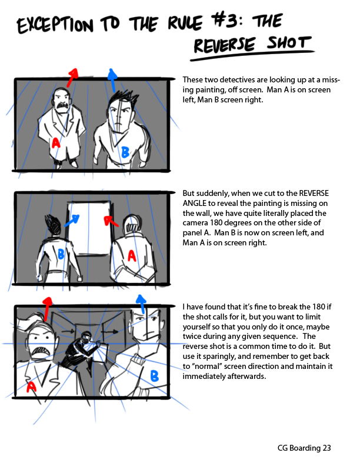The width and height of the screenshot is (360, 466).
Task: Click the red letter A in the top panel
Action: [56, 143]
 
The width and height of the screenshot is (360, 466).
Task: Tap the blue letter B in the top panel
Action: [125, 152]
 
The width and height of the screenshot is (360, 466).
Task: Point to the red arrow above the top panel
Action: [72, 78]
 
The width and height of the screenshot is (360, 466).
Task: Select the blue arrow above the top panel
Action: [112, 80]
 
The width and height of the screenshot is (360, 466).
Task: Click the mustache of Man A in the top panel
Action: [62, 106]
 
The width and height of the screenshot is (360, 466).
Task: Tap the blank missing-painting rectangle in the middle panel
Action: [88, 228]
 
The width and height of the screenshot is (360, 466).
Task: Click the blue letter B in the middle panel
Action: [61, 254]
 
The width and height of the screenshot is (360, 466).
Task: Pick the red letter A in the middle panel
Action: [132, 256]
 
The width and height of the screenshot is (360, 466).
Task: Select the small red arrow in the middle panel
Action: [111, 221]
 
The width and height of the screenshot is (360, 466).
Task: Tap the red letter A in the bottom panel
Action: [31, 387]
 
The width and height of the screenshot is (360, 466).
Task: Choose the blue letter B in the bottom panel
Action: [155, 376]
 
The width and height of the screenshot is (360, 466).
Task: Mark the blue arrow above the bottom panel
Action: [141, 304]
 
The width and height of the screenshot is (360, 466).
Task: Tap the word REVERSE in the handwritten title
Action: [225, 45]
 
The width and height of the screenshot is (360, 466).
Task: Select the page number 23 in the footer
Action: [326, 448]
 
